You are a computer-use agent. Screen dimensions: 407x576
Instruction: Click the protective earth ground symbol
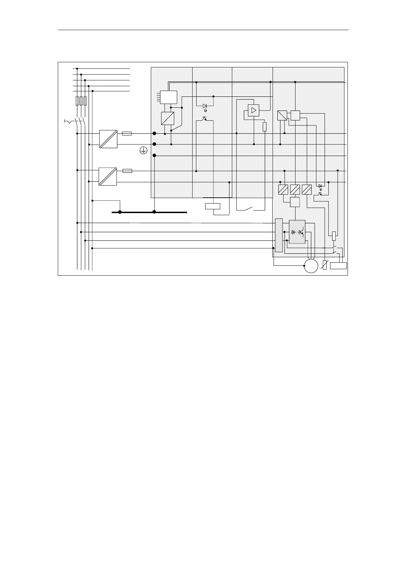(x=144, y=150)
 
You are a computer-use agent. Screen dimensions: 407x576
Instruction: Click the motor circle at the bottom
(x=311, y=266)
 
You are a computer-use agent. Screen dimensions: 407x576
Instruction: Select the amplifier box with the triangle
(x=253, y=110)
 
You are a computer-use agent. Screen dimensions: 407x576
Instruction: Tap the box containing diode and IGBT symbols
(x=297, y=232)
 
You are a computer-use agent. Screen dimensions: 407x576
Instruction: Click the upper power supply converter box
(x=108, y=139)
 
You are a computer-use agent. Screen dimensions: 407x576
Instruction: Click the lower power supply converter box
(x=108, y=176)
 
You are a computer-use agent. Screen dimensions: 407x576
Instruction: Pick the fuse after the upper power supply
(x=127, y=133)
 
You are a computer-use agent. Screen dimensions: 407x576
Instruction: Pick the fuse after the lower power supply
(x=127, y=171)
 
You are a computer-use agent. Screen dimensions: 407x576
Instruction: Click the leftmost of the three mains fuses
(x=77, y=101)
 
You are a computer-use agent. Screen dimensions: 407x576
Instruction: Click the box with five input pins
(x=169, y=97)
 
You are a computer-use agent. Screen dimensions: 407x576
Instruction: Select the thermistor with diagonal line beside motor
(x=325, y=265)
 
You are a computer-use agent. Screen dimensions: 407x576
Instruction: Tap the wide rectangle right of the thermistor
(x=338, y=266)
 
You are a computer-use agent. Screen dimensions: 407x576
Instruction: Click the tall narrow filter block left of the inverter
(x=279, y=235)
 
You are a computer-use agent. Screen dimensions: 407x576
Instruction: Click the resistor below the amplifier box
(x=264, y=127)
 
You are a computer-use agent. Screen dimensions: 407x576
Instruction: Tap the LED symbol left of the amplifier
(x=205, y=106)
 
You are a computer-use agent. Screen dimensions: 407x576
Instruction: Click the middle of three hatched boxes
(x=295, y=189)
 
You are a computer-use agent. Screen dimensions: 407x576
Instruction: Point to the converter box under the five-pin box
(x=168, y=118)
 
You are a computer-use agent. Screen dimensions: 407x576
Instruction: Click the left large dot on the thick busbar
(x=120, y=212)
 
